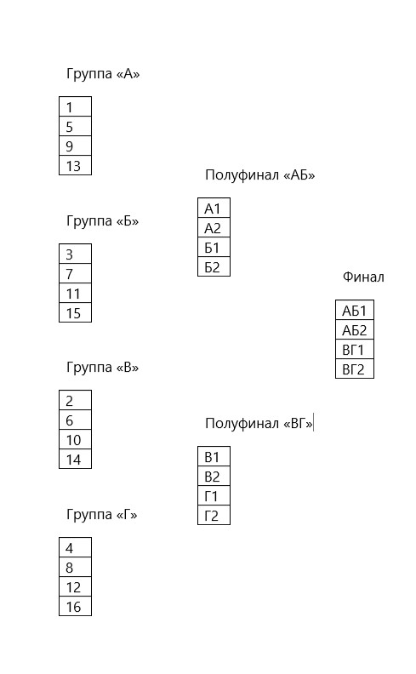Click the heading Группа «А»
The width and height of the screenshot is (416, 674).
[103, 74]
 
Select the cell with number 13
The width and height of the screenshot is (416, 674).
[75, 165]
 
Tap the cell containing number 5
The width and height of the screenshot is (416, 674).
[75, 126]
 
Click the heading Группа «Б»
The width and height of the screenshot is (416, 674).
[103, 221]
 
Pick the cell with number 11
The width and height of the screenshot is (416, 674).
[75, 293]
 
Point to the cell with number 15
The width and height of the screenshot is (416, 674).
[75, 312]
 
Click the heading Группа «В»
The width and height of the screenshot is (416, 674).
[103, 368]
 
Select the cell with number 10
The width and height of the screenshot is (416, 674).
[75, 439]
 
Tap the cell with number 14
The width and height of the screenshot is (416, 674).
[75, 459]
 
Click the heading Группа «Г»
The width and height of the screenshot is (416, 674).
[102, 515]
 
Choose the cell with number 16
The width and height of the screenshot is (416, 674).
[75, 606]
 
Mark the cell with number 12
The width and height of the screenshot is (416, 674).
[75, 586]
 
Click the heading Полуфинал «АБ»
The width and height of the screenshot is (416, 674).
[260, 175]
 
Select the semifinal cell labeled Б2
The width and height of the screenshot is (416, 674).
[214, 266]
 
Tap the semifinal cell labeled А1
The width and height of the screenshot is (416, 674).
[214, 208]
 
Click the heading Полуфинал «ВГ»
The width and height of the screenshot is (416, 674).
[259, 424]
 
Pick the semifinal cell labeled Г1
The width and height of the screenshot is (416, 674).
[214, 495]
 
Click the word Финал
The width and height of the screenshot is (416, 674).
[363, 277]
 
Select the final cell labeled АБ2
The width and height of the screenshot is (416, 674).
[355, 329]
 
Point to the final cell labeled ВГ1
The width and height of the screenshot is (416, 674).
[355, 349]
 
